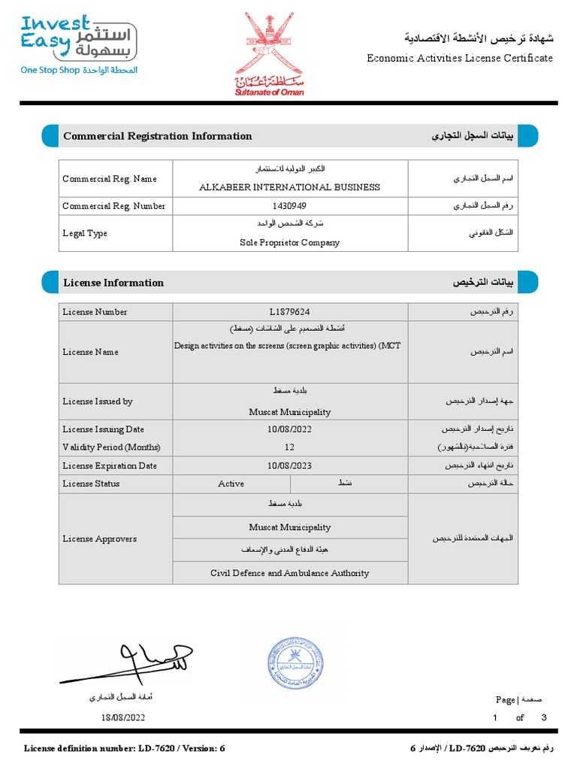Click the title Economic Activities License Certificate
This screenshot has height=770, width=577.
coord(459,58)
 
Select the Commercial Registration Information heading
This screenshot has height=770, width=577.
coord(158,136)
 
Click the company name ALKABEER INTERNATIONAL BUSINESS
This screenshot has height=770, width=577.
coord(289,187)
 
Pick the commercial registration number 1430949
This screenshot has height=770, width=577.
coord(289,206)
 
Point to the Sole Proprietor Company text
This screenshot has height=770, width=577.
coord(289,243)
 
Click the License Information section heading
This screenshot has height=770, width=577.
coord(113,283)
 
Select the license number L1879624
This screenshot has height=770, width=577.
coord(289,312)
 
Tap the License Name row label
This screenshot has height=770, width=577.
coord(90,352)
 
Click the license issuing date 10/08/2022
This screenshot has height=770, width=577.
coord(289,429)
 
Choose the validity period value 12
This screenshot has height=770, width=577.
coord(289,447)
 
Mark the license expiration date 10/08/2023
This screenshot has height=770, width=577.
coord(289,465)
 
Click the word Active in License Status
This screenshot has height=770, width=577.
coord(231,484)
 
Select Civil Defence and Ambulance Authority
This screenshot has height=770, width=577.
coord(289,573)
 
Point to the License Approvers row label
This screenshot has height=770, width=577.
coord(99,539)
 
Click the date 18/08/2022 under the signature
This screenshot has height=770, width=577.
coord(123,717)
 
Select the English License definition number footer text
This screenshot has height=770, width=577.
coord(125,748)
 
